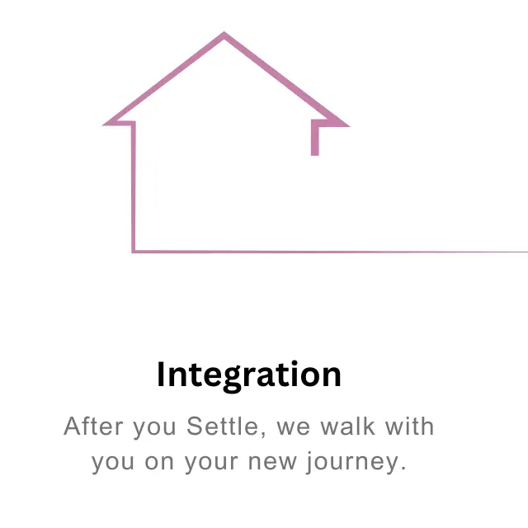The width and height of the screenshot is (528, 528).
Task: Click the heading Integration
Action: [249, 375]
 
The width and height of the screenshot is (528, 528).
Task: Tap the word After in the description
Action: [93, 427]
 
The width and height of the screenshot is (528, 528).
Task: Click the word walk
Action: [347, 427]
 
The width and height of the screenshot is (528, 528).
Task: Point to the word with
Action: [409, 427]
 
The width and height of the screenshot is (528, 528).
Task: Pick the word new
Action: [272, 462]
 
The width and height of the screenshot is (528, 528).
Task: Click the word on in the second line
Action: [159, 462]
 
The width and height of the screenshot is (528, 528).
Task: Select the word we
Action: [293, 427]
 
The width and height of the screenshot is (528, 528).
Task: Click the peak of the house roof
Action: [224, 33]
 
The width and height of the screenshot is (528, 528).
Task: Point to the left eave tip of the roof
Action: [103, 125]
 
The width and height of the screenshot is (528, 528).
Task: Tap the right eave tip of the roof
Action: [349, 126]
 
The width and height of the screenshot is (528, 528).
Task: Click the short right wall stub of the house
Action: [315, 139]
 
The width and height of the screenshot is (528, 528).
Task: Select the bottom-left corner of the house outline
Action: [134, 251]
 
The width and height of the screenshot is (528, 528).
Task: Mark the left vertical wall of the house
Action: [134, 187]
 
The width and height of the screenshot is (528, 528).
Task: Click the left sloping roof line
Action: [163, 79]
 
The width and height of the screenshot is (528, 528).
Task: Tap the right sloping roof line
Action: [286, 79]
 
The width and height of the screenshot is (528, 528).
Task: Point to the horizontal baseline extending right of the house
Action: [330, 252]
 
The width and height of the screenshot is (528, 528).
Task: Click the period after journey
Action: [403, 469]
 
